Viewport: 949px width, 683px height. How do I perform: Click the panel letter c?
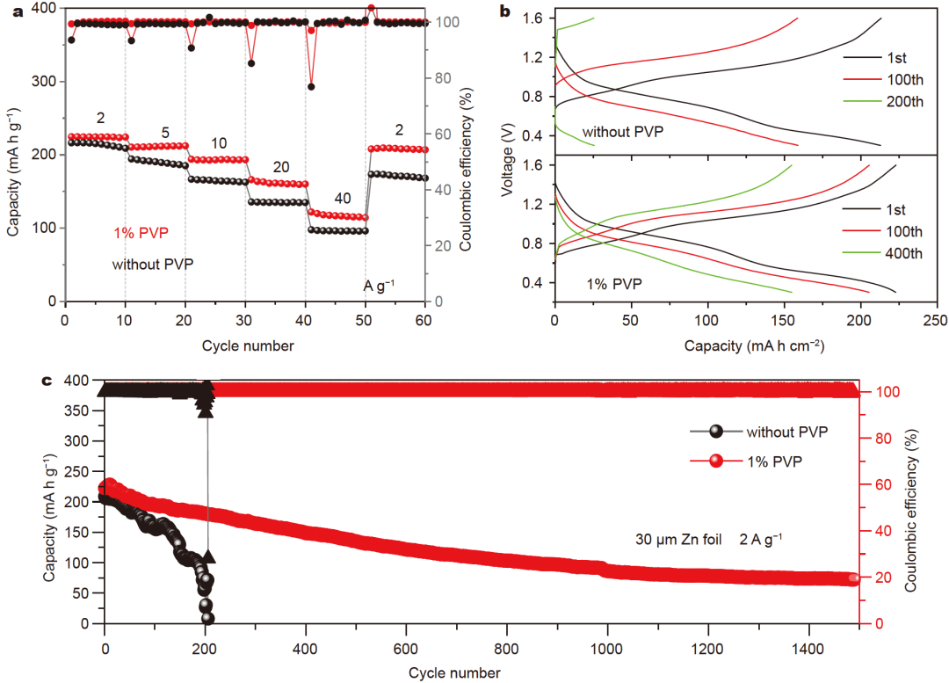point(47,381)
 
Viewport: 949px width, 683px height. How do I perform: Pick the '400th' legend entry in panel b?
point(903,254)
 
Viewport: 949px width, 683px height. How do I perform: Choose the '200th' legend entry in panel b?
point(903,102)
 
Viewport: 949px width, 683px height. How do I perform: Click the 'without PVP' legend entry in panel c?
point(786,432)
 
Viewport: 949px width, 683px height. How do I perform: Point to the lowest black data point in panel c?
point(207,618)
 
